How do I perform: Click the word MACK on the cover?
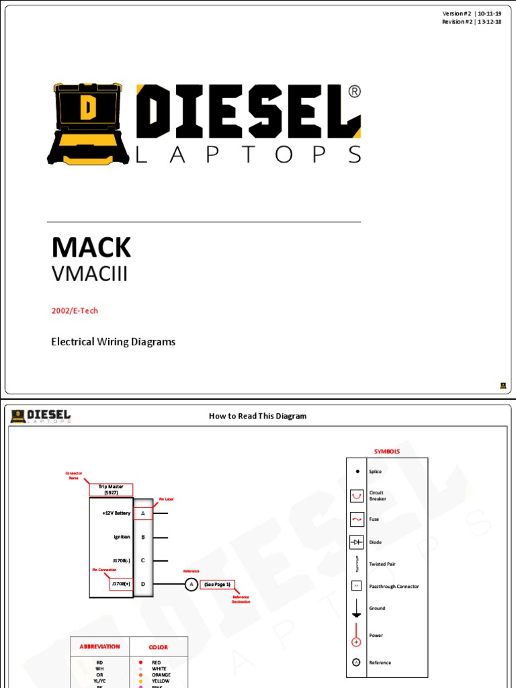click(x=91, y=248)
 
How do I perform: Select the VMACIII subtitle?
click(x=89, y=274)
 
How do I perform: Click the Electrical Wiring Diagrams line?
click(x=114, y=341)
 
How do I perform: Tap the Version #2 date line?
click(x=472, y=13)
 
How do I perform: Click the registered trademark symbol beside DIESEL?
click(x=354, y=91)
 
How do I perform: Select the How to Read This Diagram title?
click(x=257, y=416)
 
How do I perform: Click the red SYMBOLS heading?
click(x=386, y=451)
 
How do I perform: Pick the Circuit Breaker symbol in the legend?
click(x=357, y=496)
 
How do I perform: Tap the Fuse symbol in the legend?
click(x=357, y=519)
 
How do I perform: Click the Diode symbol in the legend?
click(x=357, y=542)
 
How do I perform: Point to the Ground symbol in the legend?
click(x=357, y=609)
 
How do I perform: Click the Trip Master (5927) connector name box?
click(x=111, y=489)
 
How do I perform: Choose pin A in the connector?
click(x=143, y=513)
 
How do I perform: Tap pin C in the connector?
click(x=143, y=560)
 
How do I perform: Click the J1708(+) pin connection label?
click(x=121, y=584)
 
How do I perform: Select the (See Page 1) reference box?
click(x=217, y=585)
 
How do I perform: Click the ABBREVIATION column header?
click(x=99, y=646)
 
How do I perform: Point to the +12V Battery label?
click(x=116, y=513)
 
